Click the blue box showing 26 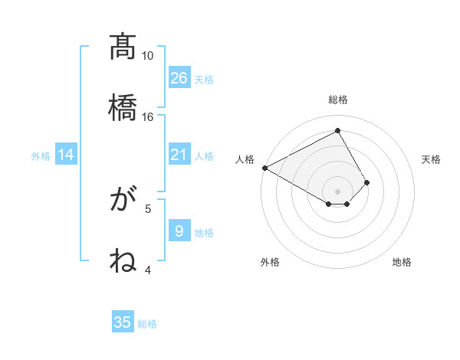click(x=179, y=78)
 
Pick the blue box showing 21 click(x=179, y=155)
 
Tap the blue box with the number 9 click(x=179, y=231)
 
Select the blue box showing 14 click(x=66, y=155)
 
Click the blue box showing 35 click(x=123, y=322)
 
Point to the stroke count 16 click(x=148, y=116)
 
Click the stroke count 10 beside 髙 click(x=148, y=56)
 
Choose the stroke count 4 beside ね click(x=148, y=269)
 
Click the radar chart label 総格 click(x=338, y=100)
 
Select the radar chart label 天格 click(x=431, y=159)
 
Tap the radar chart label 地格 click(x=402, y=262)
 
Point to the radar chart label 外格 click(x=270, y=262)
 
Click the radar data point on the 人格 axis click(x=264, y=168)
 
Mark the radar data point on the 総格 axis click(x=338, y=131)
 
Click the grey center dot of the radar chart click(x=338, y=191)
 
